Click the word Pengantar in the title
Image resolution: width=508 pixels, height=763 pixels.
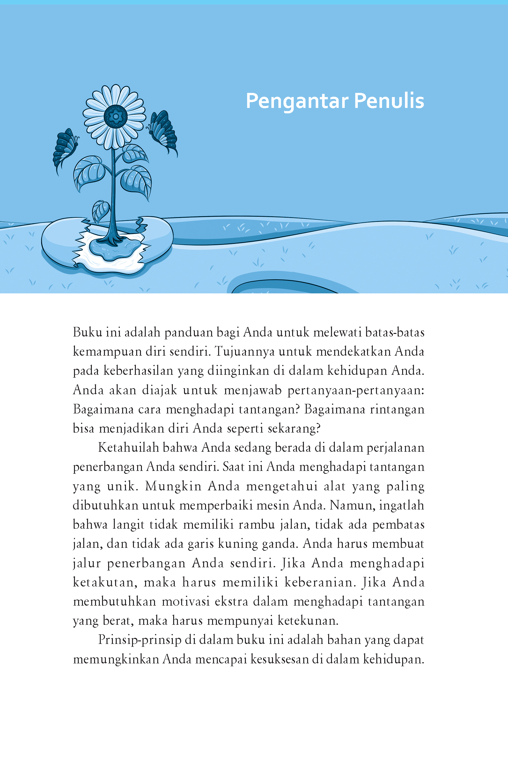tap(297, 101)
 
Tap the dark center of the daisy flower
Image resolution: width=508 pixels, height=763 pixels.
tap(115, 116)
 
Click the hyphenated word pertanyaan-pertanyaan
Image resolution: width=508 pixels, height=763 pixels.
tap(356, 390)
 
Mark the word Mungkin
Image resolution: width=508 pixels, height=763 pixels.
tap(173, 486)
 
